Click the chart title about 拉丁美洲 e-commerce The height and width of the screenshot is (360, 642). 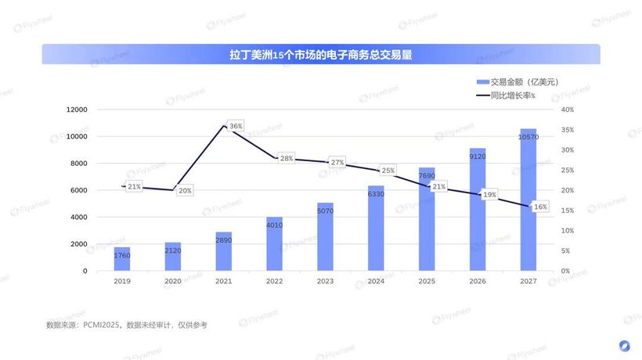pos(321,55)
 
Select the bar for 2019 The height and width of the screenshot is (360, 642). pos(122,259)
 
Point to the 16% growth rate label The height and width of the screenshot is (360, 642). pos(540,207)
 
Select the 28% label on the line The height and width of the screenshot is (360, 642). pos(287,158)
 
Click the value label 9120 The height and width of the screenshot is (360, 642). pos(478,156)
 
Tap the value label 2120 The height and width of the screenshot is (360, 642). pos(173,250)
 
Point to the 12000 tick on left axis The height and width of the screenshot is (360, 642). pos(77,110)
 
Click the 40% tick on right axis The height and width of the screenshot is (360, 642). pos(567,110)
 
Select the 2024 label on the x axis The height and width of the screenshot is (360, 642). pos(376,281)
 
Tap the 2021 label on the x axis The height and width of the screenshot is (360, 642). pos(223,281)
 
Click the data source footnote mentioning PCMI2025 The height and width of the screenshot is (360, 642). pos(126,324)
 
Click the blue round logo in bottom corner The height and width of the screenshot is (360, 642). pos(624,345)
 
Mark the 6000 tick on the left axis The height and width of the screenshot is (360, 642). pos(79,190)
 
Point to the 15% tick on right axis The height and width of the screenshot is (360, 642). pos(567,211)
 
